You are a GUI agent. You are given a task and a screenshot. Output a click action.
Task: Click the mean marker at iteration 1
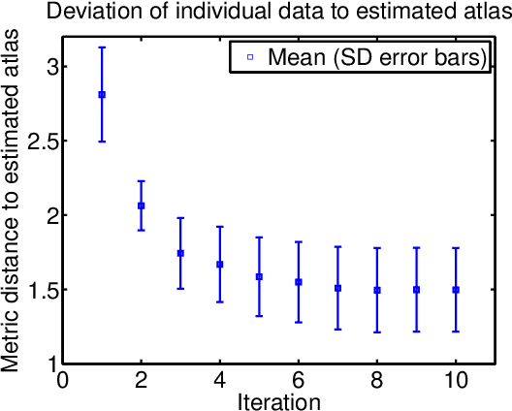pos(102,94)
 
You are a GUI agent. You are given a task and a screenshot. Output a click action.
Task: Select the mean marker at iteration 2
pos(142,205)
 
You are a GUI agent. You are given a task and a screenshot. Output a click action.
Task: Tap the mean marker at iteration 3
pos(180,253)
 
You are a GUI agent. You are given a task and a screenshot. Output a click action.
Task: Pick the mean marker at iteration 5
pos(259,276)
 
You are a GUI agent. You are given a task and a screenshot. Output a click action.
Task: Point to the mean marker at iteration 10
pos(456,290)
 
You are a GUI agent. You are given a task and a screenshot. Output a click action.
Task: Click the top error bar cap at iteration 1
pos(102,47)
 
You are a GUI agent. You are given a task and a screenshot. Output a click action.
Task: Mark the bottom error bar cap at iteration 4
pos(220,301)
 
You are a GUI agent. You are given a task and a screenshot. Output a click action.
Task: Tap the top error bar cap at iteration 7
pos(337,246)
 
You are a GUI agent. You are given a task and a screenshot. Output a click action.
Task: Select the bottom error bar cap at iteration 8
pos(377,332)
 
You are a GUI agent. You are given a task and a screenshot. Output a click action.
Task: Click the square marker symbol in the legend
pos(248,57)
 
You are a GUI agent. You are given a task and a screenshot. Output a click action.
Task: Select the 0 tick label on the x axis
pos(63,380)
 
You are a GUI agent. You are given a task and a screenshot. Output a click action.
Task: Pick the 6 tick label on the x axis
pos(299,380)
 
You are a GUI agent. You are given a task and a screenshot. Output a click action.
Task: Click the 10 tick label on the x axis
pos(456,380)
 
